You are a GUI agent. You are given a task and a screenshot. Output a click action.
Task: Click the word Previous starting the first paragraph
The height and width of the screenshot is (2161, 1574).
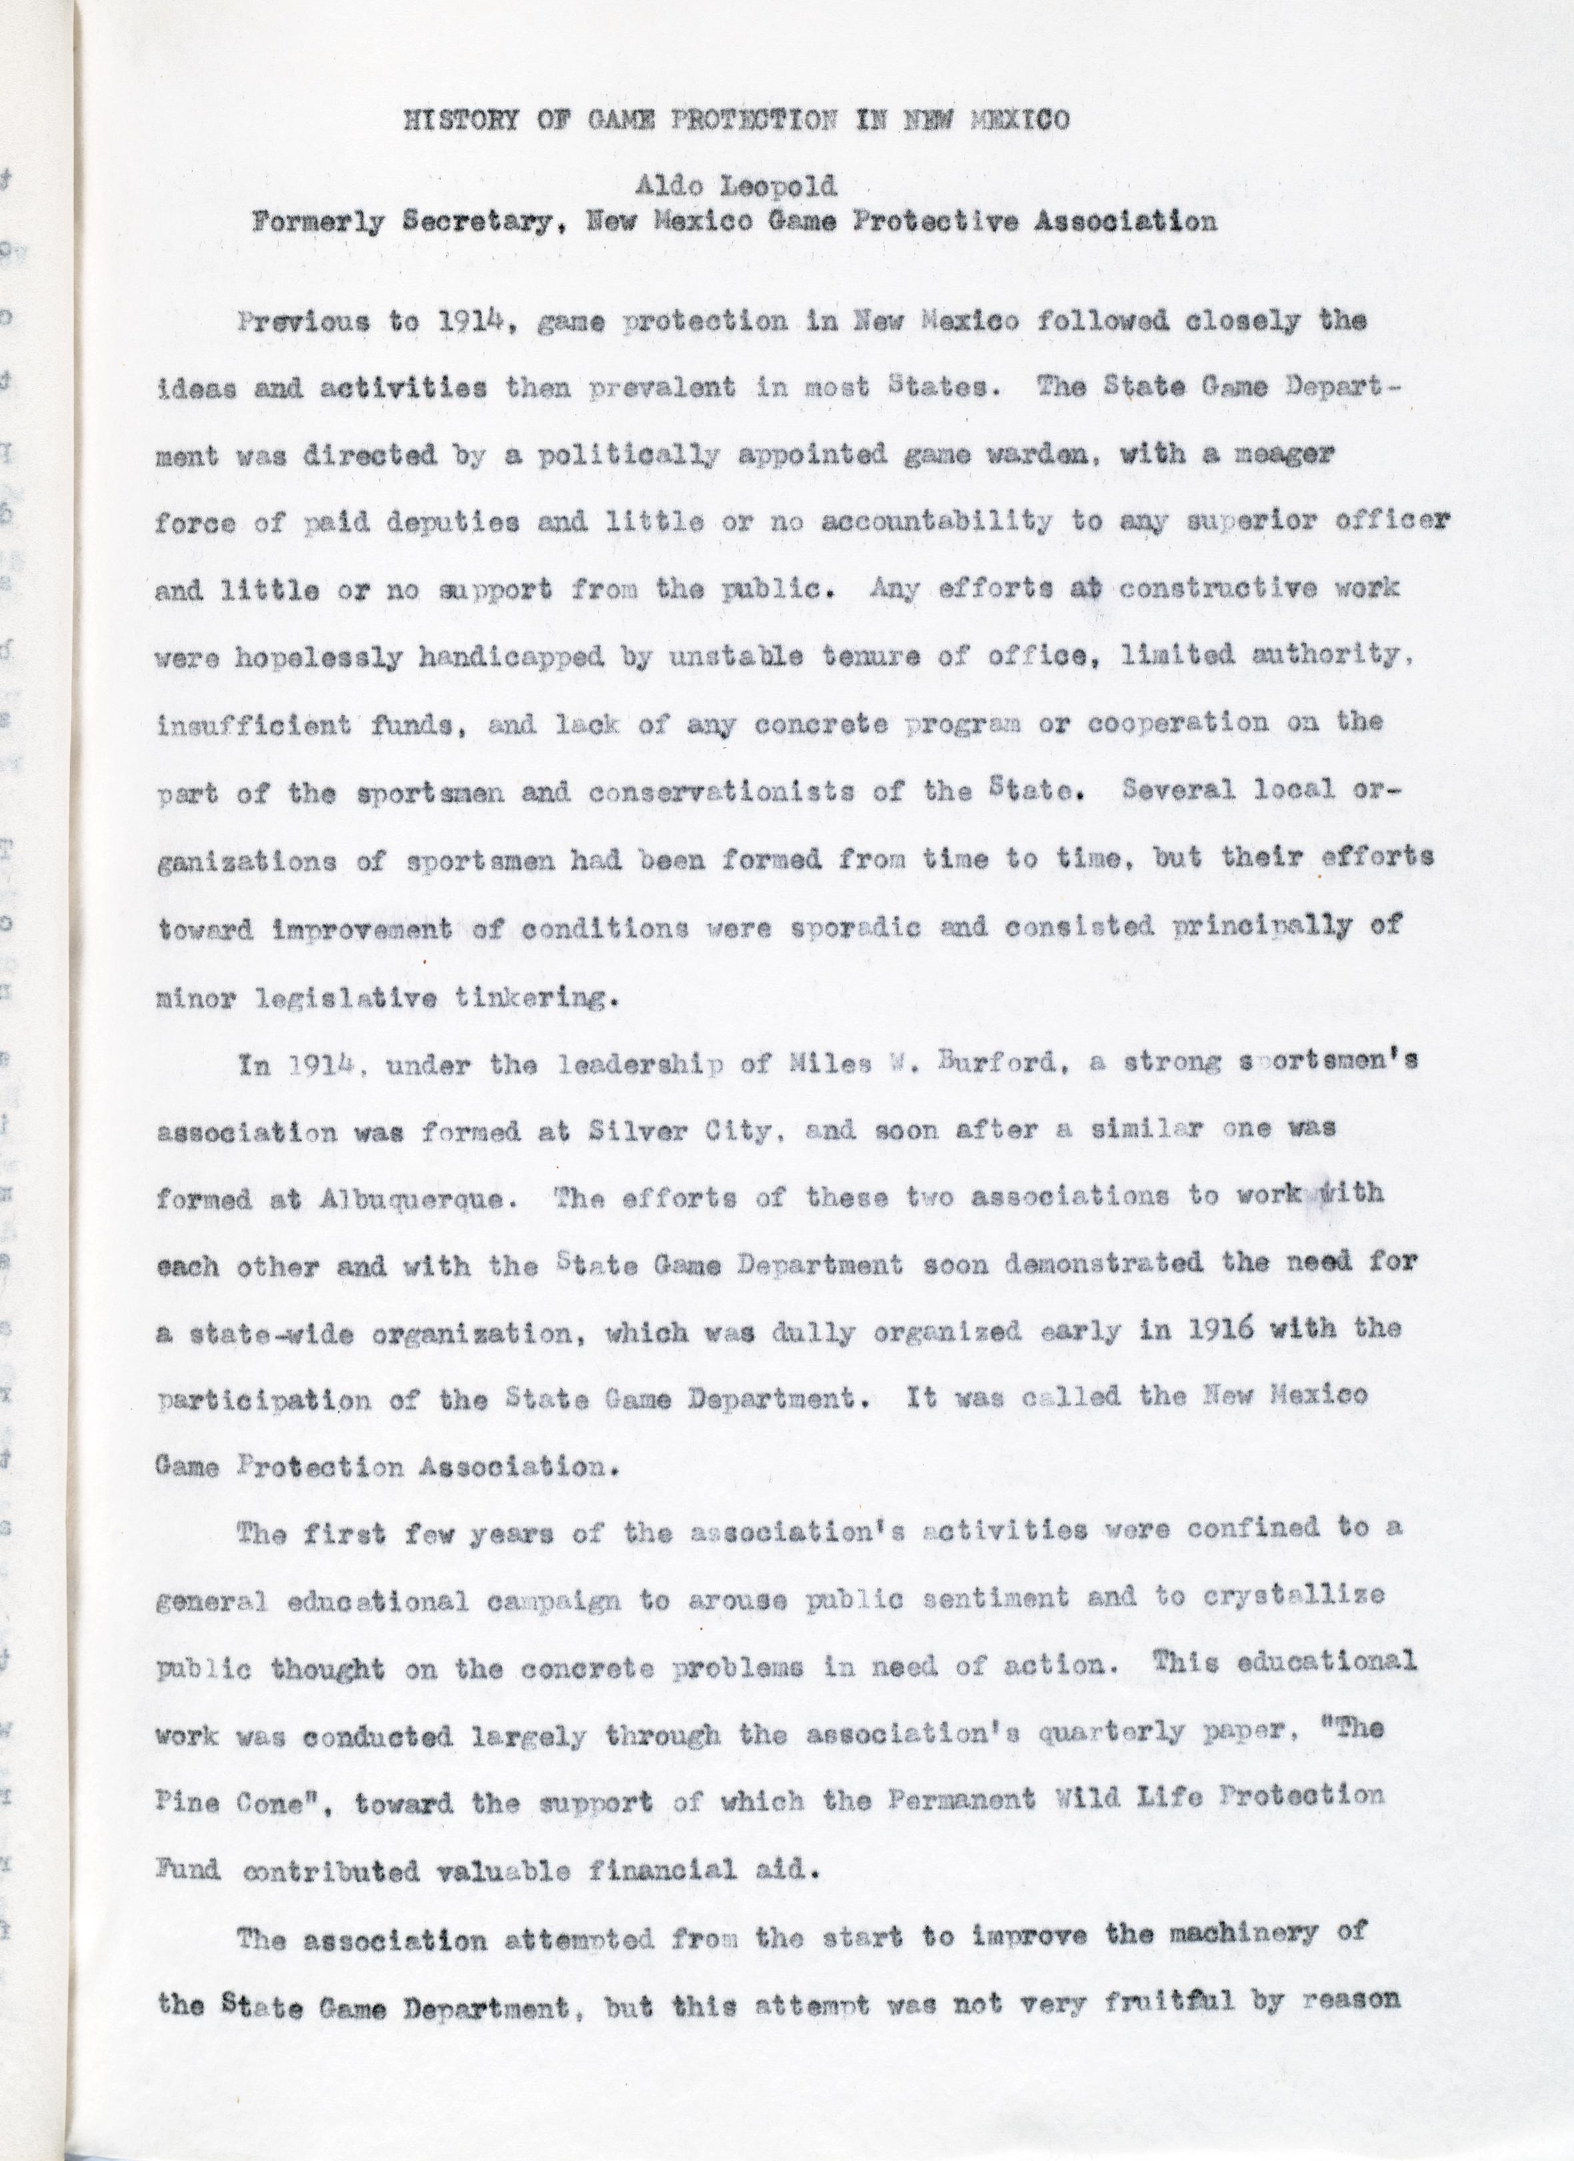pyautogui.click(x=301, y=322)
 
